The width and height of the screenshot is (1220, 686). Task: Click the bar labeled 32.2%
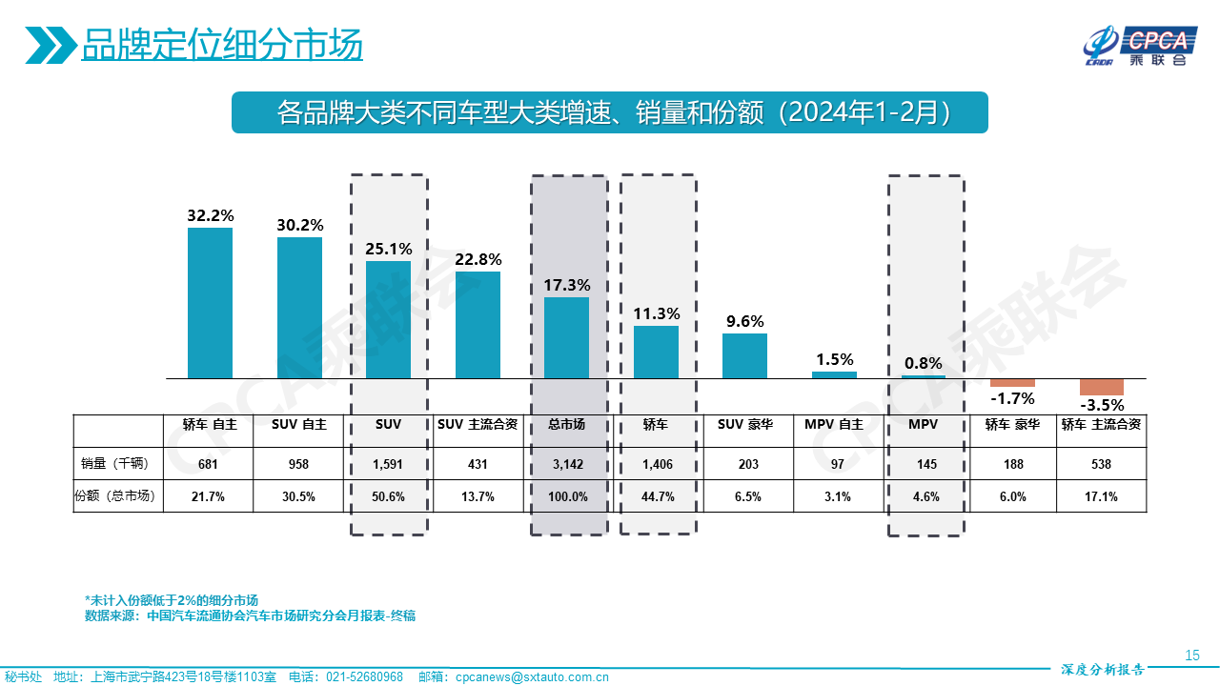210,303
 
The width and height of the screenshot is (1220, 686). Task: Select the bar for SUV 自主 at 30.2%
299,308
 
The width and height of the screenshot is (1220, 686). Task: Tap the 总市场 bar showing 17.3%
566,338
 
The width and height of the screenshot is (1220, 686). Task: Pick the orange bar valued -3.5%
1101,387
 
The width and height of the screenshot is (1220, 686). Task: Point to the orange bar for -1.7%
1012,383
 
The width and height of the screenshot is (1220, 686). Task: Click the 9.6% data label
744,321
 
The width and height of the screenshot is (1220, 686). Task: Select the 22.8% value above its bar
478,259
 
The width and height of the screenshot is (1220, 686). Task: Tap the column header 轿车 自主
210,425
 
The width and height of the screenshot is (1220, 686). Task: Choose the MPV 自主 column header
834,425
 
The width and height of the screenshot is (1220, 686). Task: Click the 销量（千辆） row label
118,464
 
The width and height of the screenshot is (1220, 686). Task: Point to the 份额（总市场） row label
118,496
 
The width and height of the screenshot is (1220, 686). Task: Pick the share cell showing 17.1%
1101,496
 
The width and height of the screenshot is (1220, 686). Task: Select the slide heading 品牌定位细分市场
221,44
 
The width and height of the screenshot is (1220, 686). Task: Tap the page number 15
1191,655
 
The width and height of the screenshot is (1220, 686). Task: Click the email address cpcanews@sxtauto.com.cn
531,676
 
